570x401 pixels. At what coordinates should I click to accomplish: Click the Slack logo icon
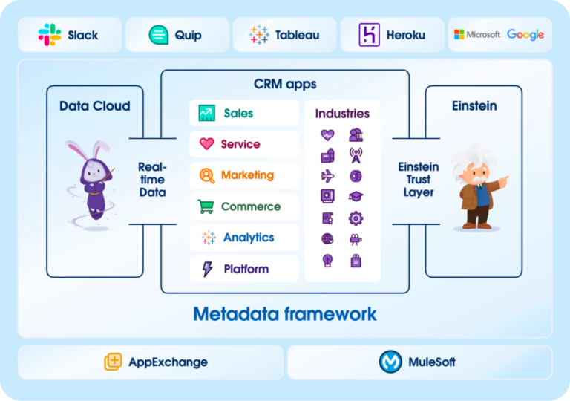(x=50, y=35)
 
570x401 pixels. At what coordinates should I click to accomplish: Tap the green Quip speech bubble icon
(x=158, y=35)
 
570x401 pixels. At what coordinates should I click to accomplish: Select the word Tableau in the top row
(x=298, y=35)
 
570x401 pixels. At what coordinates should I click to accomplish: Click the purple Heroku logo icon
(x=369, y=35)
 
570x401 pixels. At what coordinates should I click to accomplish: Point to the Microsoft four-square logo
(x=459, y=35)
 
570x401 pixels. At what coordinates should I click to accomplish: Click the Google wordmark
(x=525, y=35)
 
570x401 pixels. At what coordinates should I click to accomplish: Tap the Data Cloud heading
(x=94, y=106)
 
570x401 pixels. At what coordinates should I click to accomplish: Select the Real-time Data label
(x=152, y=180)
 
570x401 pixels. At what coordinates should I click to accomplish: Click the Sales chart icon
(x=206, y=114)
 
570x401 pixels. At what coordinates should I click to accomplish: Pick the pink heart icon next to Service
(x=206, y=144)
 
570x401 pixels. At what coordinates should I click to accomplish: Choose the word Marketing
(x=247, y=175)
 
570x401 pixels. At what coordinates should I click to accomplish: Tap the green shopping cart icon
(x=206, y=206)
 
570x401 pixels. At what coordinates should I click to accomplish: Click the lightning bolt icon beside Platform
(x=207, y=269)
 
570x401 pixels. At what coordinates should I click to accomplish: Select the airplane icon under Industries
(x=327, y=176)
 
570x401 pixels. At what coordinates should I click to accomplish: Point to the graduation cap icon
(x=356, y=197)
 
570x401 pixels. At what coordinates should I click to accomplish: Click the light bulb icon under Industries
(x=327, y=260)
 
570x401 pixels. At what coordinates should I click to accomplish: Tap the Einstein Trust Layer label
(x=418, y=180)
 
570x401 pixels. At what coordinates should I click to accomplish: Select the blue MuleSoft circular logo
(x=390, y=362)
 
